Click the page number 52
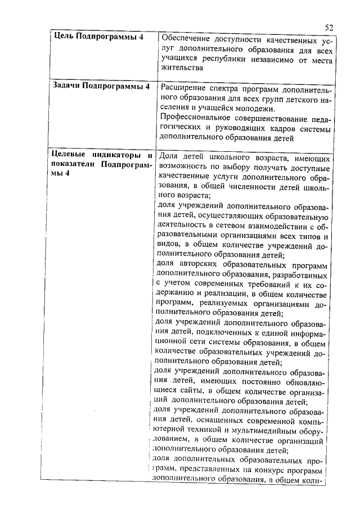(x=330, y=26)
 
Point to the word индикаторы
(x=121, y=155)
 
